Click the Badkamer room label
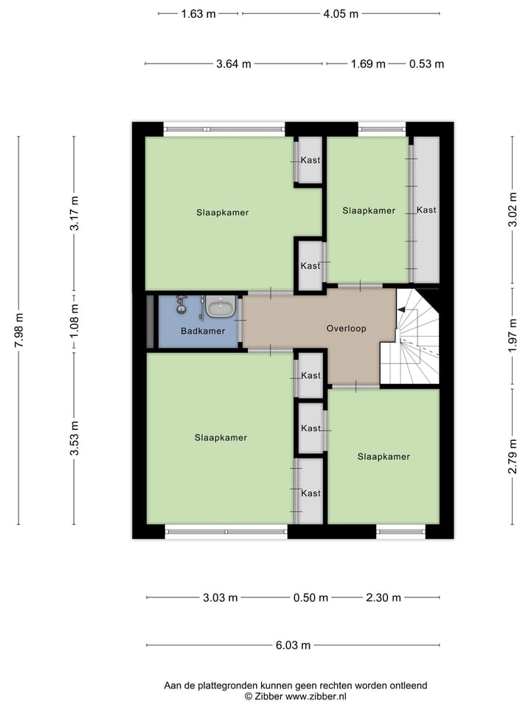point(202,332)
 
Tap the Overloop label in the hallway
point(346,329)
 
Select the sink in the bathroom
point(220,306)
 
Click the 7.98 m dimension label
point(18,329)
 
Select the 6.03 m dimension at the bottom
point(293,645)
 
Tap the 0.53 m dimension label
point(426,64)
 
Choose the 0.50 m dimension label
point(310,597)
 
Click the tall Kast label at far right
point(426,210)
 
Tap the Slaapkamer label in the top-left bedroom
point(222,213)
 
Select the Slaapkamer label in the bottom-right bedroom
point(383,457)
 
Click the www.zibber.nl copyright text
point(295,696)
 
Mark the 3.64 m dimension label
point(234,64)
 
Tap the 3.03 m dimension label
point(220,597)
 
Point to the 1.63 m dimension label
point(198,13)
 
